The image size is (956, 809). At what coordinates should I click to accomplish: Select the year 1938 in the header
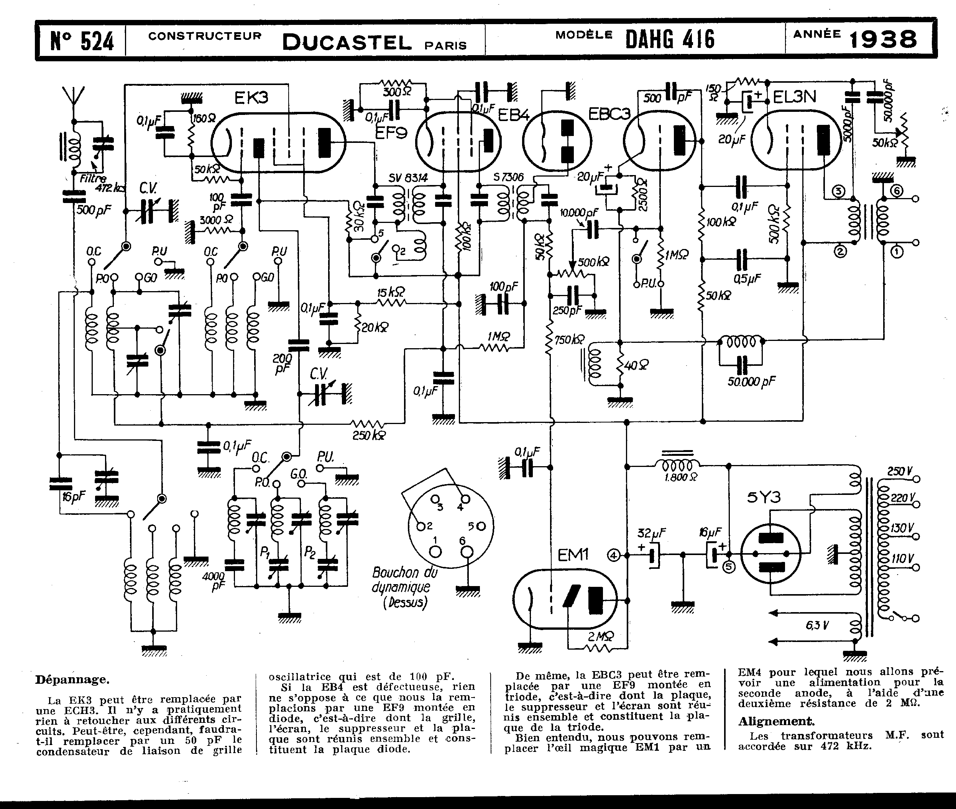tap(883, 39)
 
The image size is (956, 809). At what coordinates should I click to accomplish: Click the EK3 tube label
tap(251, 98)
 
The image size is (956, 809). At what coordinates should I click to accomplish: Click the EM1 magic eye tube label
tap(573, 555)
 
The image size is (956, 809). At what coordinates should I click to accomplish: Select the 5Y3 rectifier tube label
tap(764, 497)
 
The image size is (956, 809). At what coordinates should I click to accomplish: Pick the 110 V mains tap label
tap(902, 558)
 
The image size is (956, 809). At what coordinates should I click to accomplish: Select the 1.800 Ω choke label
tap(681, 477)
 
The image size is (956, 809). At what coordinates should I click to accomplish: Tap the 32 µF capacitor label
tap(651, 533)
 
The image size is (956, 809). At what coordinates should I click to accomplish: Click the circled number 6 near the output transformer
tap(896, 191)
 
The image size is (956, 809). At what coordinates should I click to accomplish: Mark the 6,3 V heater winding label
tap(817, 625)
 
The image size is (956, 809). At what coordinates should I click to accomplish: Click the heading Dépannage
tap(72, 679)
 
